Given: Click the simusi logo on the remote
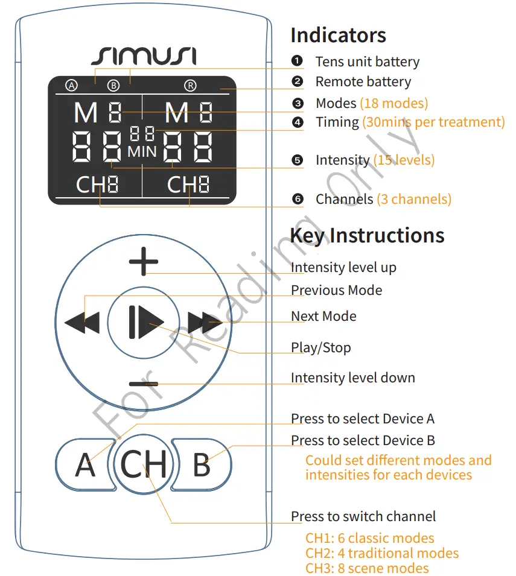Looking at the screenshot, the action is coord(144,56).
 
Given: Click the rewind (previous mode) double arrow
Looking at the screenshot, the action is coord(82,323).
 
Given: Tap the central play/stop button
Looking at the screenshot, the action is coord(144,323).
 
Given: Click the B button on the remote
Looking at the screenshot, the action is coord(202,464).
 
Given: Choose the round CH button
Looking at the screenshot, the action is coord(144,464).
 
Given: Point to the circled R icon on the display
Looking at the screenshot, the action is coord(190,86).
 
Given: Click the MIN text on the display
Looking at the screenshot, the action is coord(142,151).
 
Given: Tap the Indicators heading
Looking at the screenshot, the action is coord(338,35).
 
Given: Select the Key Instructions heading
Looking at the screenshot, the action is coord(367,235).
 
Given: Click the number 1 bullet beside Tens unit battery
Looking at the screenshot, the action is coord(297,61).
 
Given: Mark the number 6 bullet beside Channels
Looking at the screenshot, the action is coord(297,199).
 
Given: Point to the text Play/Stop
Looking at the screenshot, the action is coord(320,347).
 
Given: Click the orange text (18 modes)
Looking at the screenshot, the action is coord(393,103).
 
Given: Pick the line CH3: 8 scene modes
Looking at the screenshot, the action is coord(367,568).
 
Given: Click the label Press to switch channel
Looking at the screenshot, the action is coord(363,516).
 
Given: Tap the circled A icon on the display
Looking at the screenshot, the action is coord(72,86).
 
